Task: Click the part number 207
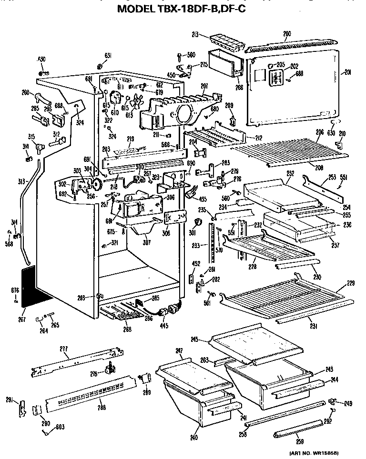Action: [204, 86]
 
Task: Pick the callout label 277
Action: [63, 349]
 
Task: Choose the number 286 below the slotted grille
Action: [101, 407]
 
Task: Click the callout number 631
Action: [108, 56]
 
